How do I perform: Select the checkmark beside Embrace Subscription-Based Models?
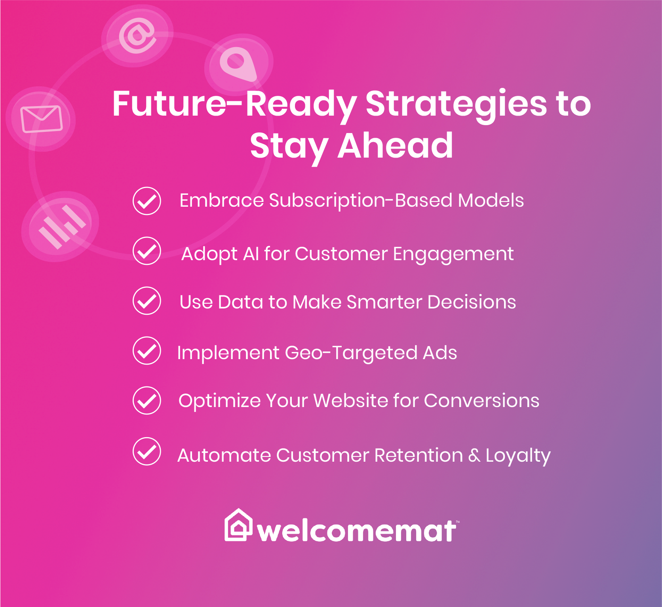click(x=147, y=201)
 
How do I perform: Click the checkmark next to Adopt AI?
click(x=147, y=251)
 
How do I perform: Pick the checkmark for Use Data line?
click(x=147, y=301)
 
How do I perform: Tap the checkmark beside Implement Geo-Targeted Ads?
click(x=147, y=350)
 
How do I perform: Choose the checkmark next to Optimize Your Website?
click(x=147, y=400)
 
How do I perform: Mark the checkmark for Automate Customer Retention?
click(x=147, y=451)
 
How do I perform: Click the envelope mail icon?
click(x=42, y=119)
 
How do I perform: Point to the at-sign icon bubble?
click(x=137, y=36)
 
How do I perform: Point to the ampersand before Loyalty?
click(x=474, y=455)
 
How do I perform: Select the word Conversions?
click(x=481, y=401)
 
